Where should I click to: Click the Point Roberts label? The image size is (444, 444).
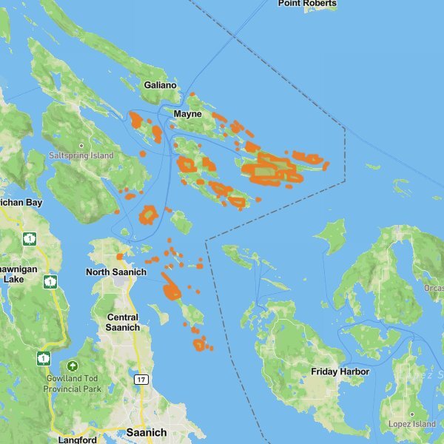(307, 4)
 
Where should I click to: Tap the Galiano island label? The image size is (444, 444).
(161, 85)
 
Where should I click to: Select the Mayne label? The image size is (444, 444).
(187, 115)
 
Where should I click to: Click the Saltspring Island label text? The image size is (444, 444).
(81, 156)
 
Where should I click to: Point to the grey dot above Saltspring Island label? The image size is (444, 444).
(81, 145)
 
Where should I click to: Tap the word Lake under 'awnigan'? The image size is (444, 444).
(13, 280)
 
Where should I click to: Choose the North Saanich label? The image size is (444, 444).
(116, 272)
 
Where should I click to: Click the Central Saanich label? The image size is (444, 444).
(122, 322)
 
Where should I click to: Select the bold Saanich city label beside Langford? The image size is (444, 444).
(147, 432)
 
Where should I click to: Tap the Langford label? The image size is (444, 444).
(78, 440)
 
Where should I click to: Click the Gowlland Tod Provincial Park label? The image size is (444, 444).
(72, 383)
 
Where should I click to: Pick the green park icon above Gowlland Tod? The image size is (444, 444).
(72, 366)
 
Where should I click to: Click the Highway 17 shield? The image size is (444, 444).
(141, 380)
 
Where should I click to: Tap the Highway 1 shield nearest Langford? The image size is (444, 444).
(44, 358)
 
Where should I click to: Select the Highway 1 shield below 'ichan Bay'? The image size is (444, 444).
(29, 238)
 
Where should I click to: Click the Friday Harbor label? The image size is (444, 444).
(340, 371)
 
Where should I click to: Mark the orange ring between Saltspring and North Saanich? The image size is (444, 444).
(148, 215)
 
